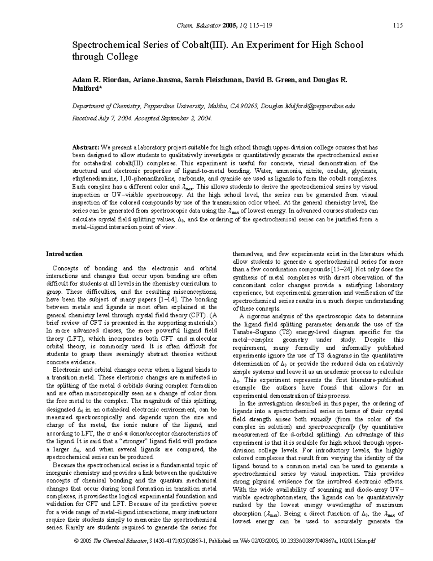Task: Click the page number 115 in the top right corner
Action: pos(398,25)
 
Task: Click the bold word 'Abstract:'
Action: pos(86,147)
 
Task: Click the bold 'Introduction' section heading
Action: pos(64,254)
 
